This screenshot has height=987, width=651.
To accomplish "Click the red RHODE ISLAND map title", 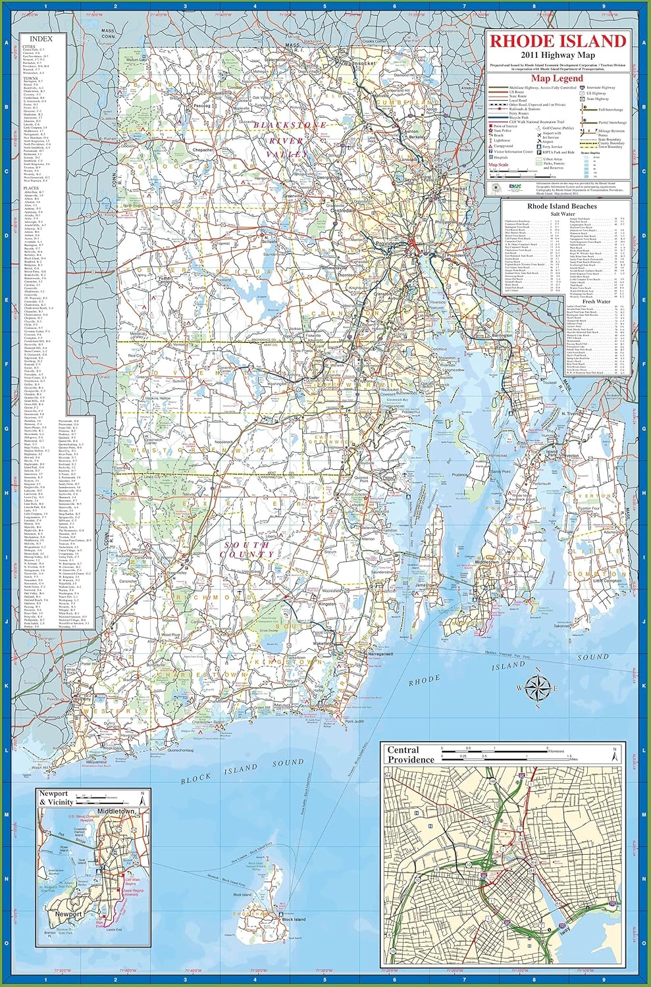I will pos(556,41).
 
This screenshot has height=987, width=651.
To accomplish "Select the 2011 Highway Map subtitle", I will pos(556,55).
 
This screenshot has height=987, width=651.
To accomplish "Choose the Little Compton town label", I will pos(608,581).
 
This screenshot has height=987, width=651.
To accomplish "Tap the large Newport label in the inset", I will pos(68,914).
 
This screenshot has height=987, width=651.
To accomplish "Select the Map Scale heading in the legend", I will pos(498,164).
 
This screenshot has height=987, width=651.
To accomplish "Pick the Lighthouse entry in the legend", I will pos(503,140).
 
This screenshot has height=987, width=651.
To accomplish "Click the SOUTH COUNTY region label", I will pos(247,549).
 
